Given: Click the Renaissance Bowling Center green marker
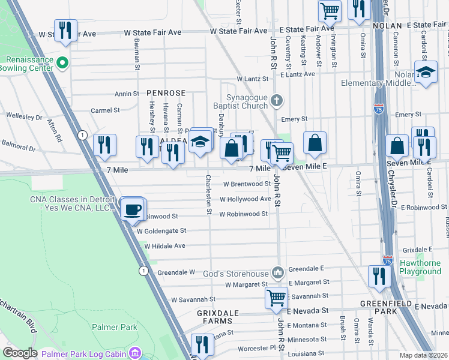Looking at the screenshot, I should point(62,62).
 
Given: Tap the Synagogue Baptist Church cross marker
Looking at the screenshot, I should point(277,100).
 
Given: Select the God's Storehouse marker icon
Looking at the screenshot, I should point(277,273).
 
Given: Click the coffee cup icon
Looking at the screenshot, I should point(131,211).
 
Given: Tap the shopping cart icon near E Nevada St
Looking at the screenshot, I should point(276,297).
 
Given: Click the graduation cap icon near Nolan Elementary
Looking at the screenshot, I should point(425,73).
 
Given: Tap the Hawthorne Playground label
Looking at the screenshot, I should point(420,266).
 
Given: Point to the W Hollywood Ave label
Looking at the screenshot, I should point(245,199).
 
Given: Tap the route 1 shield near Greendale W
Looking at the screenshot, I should point(143,271).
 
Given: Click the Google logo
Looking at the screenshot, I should point(20,353).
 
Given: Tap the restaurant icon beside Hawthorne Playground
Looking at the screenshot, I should point(379,276).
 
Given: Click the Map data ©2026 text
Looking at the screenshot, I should point(424,355).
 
